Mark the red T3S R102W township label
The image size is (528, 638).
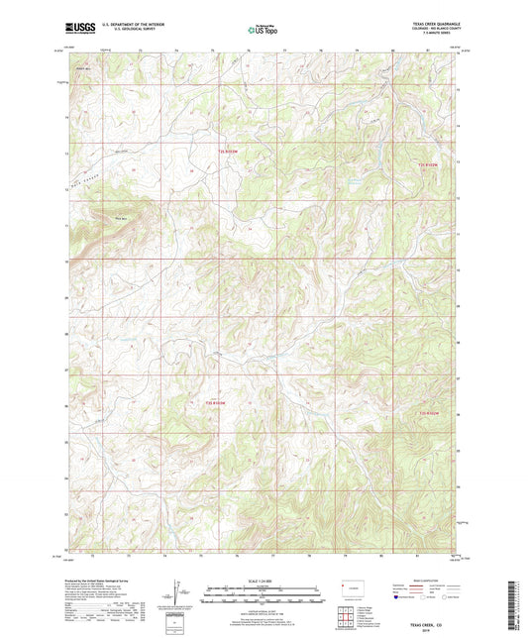pyautogui.click(x=428, y=411)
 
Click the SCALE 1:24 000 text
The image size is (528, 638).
pyautogui.click(x=263, y=580)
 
